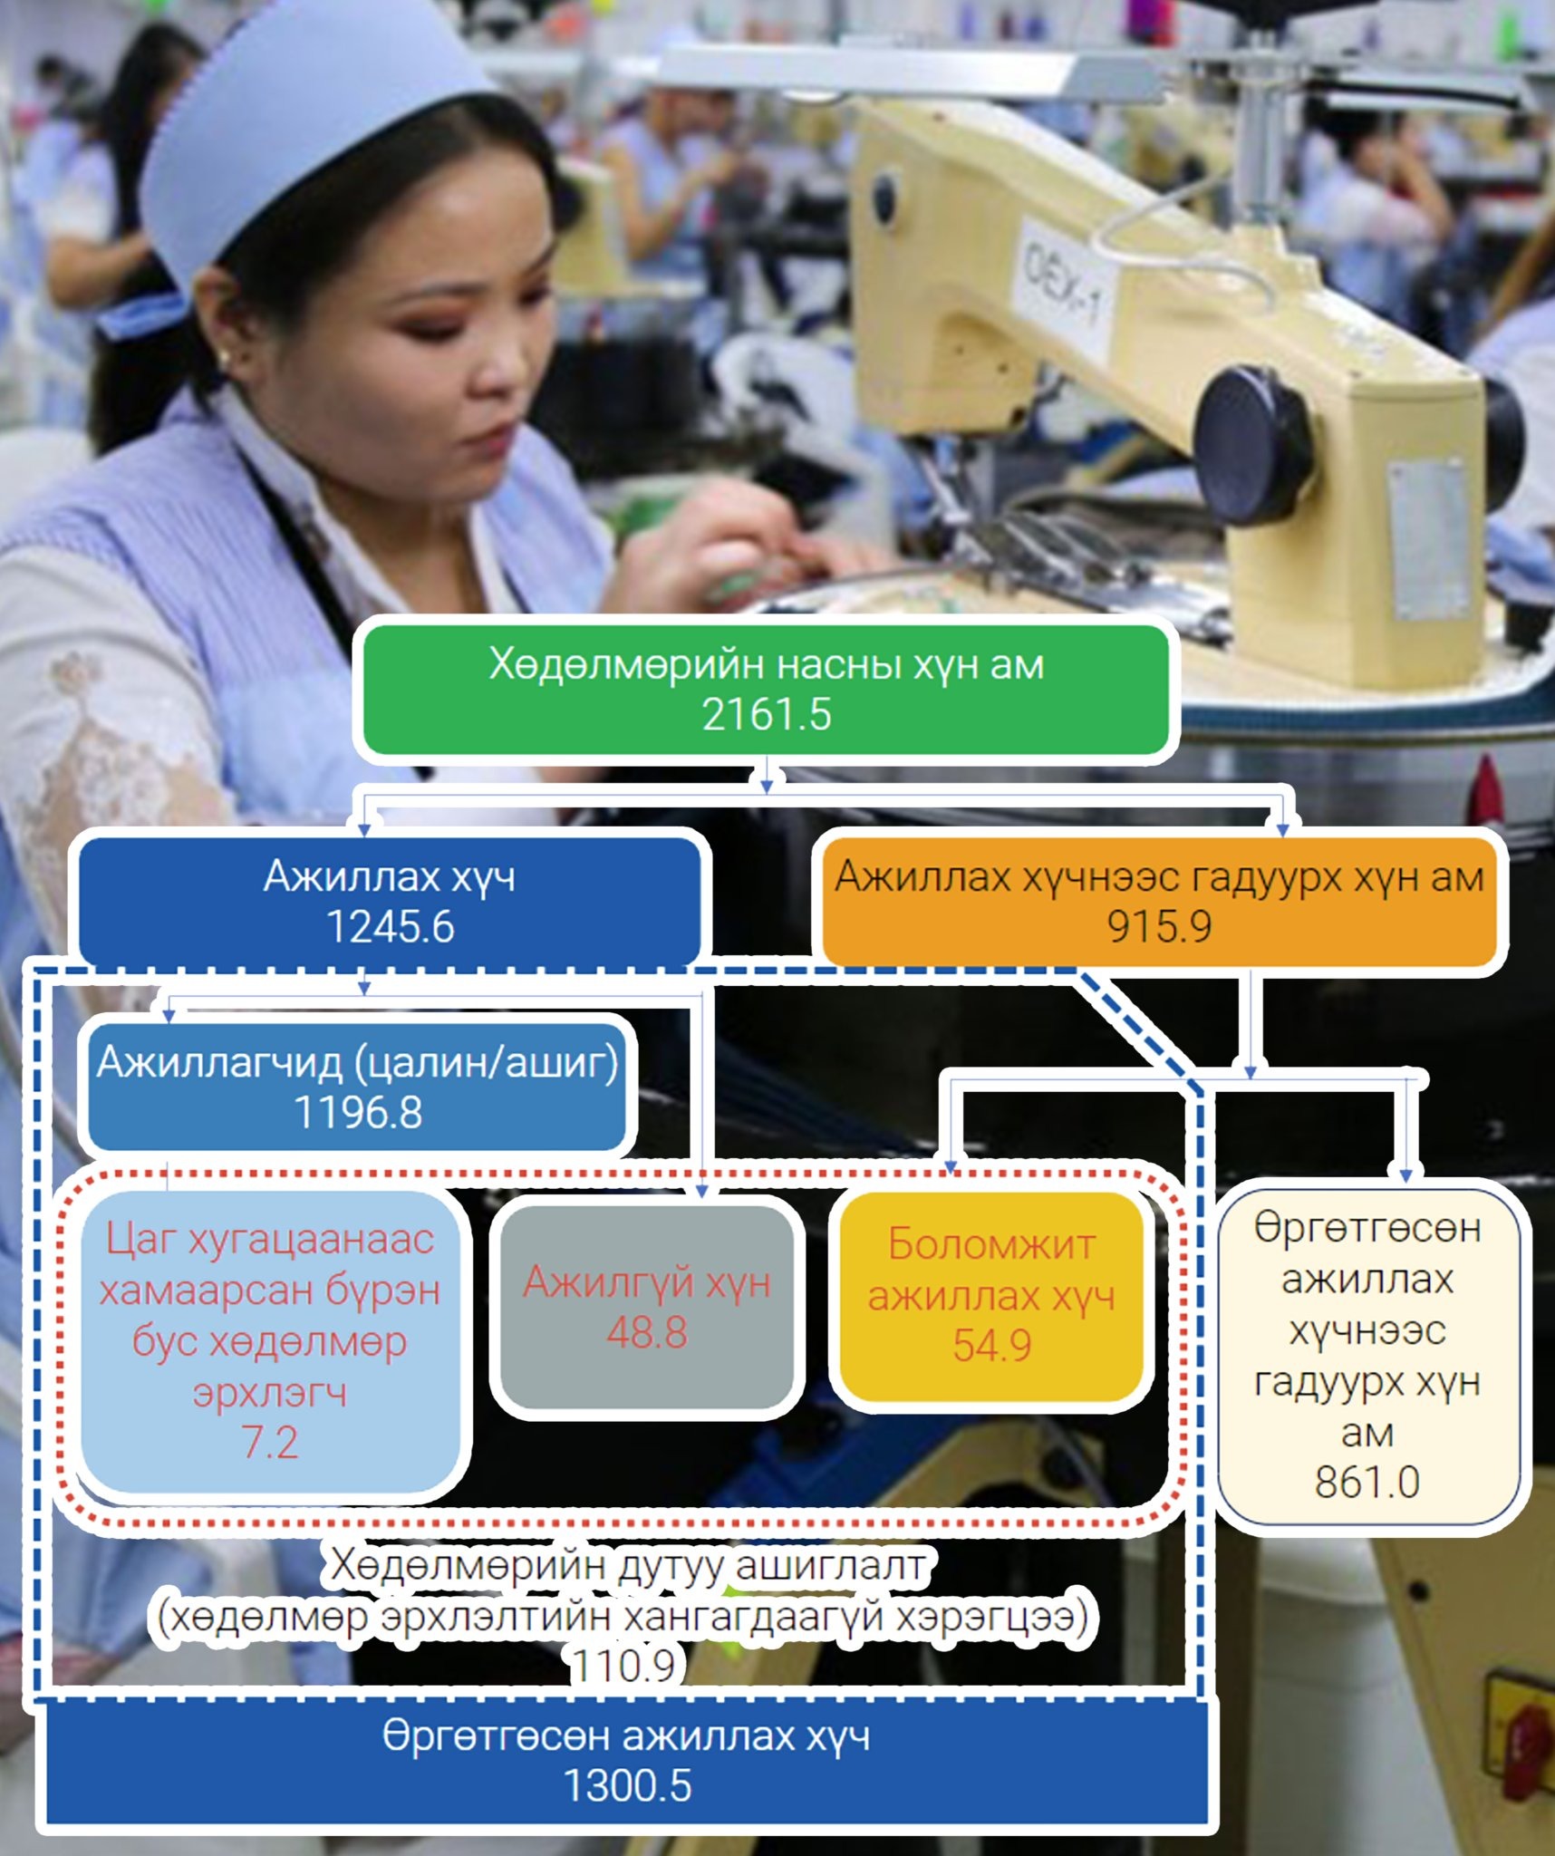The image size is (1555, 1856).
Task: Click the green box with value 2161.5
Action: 766,689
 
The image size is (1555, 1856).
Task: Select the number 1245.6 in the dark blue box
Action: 390,927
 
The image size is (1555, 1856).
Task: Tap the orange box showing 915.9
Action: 1159,902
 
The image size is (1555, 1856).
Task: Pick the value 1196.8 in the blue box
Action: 358,1112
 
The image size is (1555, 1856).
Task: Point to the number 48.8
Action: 647,1332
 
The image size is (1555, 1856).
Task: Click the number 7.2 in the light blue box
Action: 270,1442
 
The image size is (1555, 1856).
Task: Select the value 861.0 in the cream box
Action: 1367,1483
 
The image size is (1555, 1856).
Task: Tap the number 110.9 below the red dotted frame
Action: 623,1665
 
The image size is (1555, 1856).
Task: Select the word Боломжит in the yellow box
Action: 991,1244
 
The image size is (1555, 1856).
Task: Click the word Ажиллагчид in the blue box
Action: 219,1062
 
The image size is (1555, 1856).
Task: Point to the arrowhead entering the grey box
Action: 701,1190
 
